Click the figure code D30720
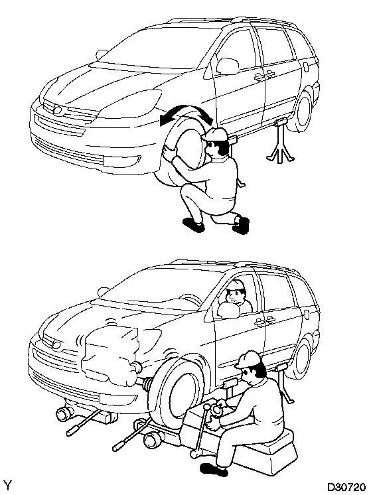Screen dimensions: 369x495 click(346, 488)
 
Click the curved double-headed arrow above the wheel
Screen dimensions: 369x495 click(187, 115)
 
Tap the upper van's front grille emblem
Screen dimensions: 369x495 click(58, 110)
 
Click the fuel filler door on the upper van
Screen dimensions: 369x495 click(306, 66)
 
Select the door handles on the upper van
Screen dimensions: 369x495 click(264, 76)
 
